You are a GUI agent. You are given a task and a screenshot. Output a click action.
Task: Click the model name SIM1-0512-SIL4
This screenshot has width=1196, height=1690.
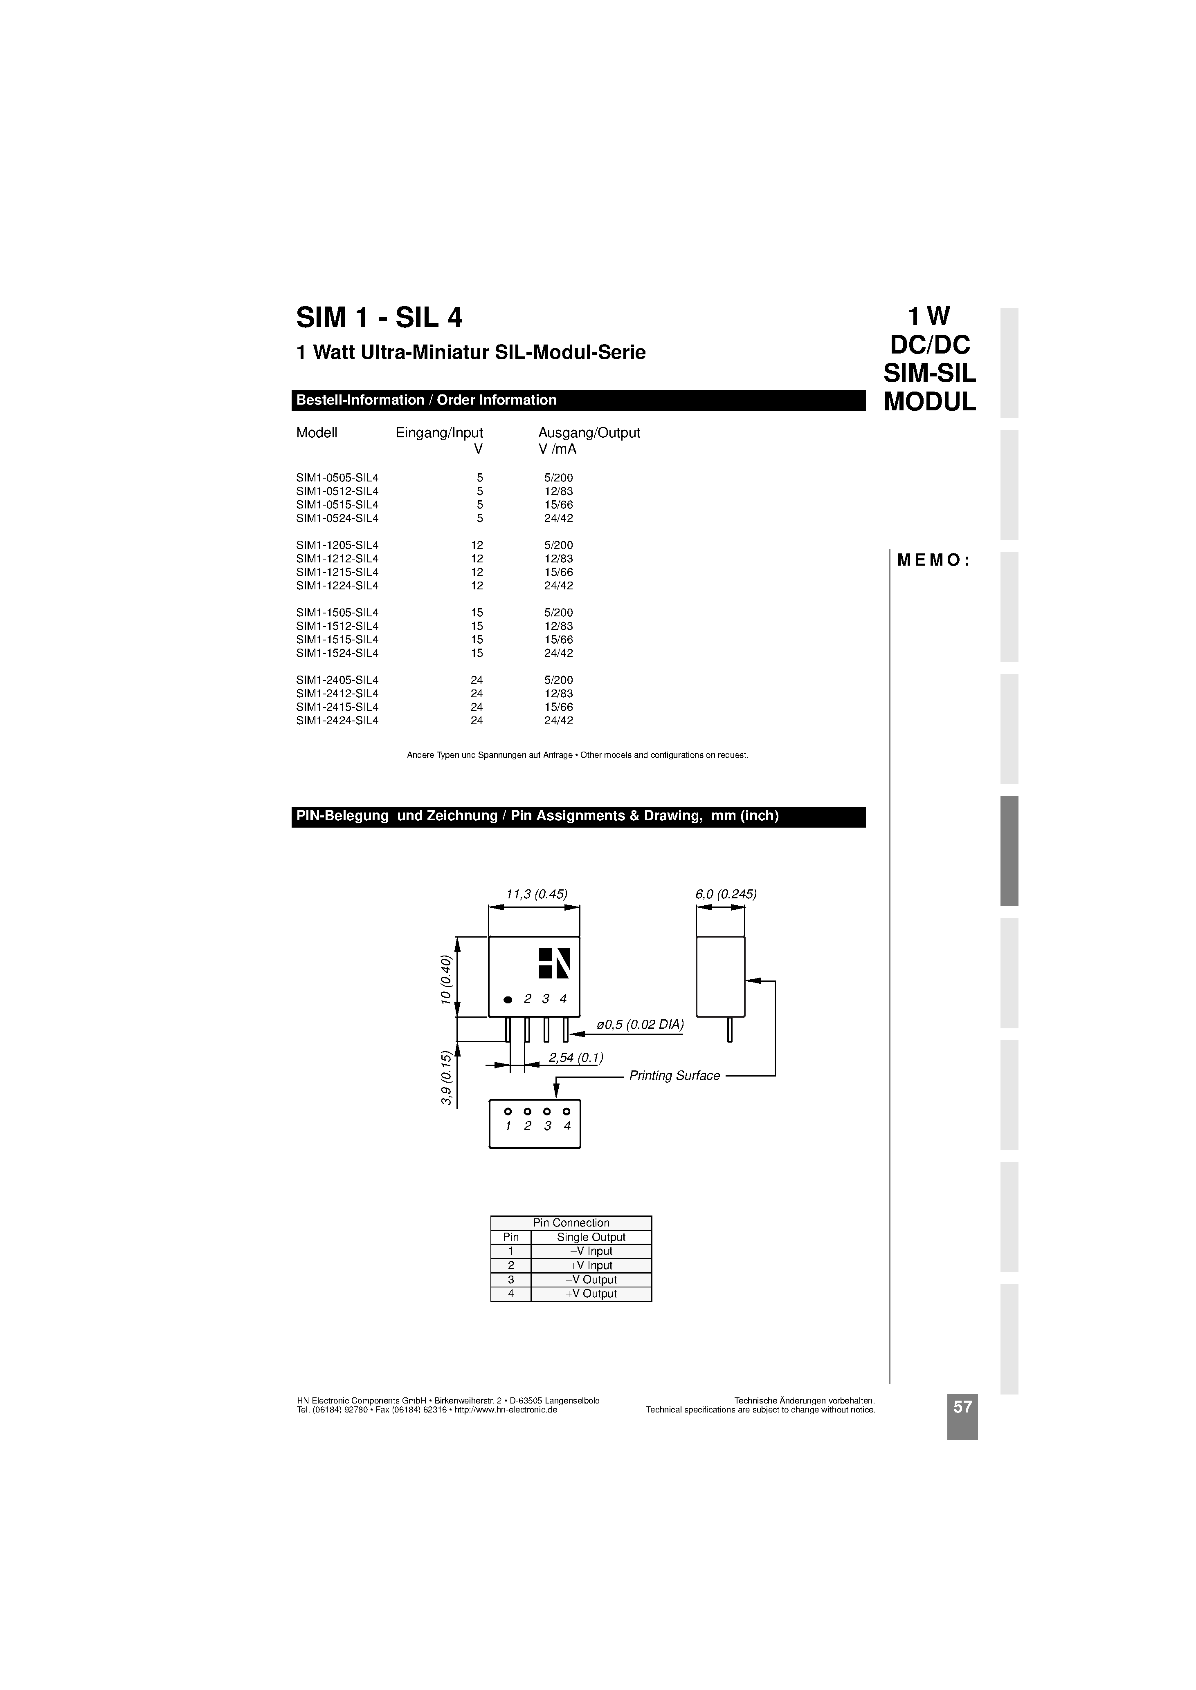click(x=337, y=491)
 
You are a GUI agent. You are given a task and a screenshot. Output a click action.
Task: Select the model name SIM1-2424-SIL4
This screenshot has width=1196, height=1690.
click(x=337, y=721)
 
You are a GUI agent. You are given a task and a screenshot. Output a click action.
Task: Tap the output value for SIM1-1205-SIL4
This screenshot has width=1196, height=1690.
click(x=558, y=546)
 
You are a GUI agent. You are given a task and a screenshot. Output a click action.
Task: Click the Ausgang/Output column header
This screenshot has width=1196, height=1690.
click(x=589, y=433)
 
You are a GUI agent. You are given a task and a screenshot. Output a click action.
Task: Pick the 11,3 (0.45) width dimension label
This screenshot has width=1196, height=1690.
click(x=536, y=894)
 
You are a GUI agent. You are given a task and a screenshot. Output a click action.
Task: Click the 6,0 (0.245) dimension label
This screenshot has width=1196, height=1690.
click(x=725, y=894)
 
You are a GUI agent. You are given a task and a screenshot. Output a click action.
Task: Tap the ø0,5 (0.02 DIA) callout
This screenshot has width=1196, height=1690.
click(x=640, y=1025)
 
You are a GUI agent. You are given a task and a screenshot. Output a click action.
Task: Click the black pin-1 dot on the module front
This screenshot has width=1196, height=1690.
click(x=508, y=1000)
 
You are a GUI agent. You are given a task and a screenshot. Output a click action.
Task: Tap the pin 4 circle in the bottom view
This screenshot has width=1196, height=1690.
click(x=567, y=1111)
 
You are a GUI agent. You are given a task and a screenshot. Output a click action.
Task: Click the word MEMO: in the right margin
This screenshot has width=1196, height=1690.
click(x=933, y=560)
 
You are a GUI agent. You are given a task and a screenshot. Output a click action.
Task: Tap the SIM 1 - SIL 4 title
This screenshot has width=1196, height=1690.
click(x=379, y=317)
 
